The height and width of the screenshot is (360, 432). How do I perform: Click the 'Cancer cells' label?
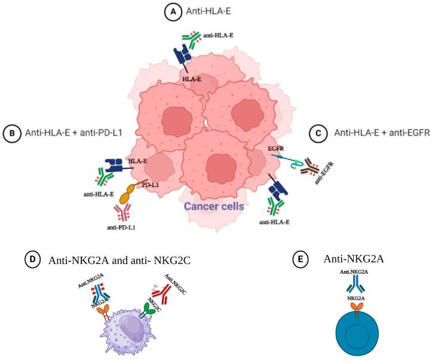pos(213,206)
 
